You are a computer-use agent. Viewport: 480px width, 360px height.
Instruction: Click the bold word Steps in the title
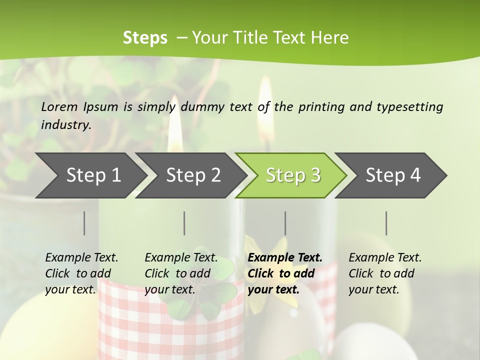[x=145, y=38]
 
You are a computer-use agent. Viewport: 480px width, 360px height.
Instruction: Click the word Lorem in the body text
[x=59, y=106]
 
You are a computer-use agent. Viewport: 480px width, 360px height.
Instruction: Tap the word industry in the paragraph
[x=65, y=124]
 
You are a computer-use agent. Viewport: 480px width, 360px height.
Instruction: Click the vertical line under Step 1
[x=84, y=223]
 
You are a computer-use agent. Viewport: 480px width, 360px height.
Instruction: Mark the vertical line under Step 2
[x=184, y=223]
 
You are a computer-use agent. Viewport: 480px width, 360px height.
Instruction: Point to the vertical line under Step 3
[x=285, y=223]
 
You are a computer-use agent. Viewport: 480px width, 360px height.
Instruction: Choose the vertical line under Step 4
[x=386, y=223]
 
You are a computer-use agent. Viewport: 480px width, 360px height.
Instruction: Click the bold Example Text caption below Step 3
[x=285, y=273]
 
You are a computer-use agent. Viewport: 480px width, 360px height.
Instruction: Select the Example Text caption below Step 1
[x=81, y=273]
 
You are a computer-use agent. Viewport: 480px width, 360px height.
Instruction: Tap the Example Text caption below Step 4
[x=385, y=273]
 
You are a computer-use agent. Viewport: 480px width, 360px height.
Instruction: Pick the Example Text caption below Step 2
[x=181, y=273]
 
